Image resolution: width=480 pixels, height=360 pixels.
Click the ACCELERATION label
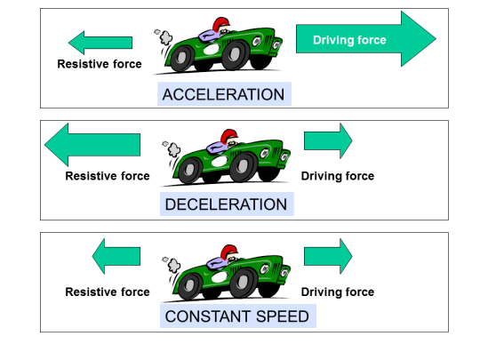click(x=223, y=95)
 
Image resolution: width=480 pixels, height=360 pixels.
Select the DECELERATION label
click(x=226, y=204)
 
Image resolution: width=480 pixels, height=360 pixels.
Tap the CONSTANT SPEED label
click(x=236, y=316)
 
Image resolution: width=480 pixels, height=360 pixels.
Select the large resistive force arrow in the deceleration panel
click(x=92, y=144)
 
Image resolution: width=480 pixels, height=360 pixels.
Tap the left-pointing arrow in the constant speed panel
click(x=116, y=256)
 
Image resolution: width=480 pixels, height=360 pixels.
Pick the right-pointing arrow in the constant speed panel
click(x=328, y=256)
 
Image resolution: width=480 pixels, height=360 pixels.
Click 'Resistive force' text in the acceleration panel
click(x=100, y=64)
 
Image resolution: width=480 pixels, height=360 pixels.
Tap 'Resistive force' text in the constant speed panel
click(x=108, y=292)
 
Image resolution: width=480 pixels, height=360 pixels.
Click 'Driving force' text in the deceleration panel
click(x=338, y=176)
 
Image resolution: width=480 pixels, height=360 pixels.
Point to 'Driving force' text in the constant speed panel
click(x=338, y=292)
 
